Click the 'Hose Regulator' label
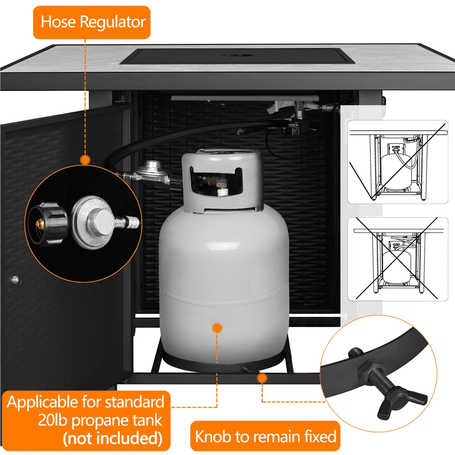point(92,22)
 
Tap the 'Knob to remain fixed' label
point(265,436)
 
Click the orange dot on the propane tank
point(217,328)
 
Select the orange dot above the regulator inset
point(85,160)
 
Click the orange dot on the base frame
point(262,378)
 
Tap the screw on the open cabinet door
point(15,279)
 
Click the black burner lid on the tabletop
point(238,56)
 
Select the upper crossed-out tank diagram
point(398,162)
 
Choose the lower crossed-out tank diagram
point(398,259)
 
